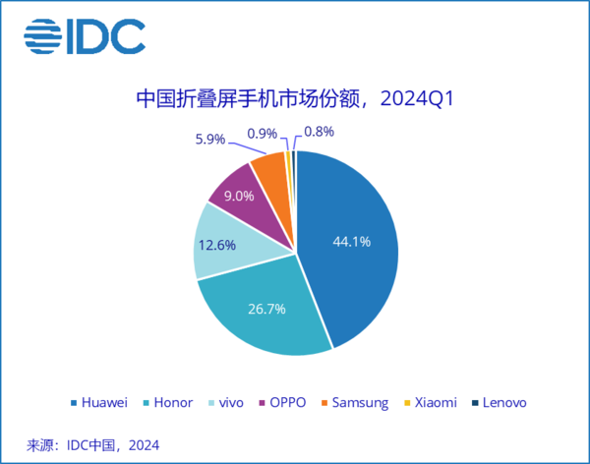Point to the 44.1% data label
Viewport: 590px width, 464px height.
coord(351,241)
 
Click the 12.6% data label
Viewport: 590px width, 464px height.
coord(216,246)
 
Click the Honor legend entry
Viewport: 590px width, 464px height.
coord(167,403)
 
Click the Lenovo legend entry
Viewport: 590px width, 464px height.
coord(499,403)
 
